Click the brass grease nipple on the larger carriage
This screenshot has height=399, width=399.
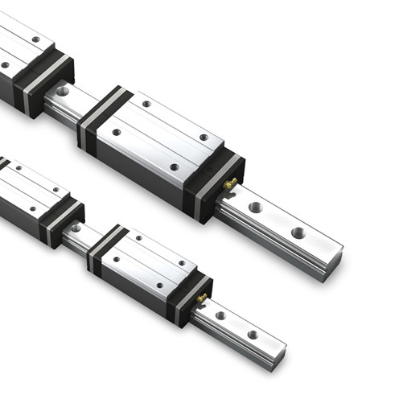230,184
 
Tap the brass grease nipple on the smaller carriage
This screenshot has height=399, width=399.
201,298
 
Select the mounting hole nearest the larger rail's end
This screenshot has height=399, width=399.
298,232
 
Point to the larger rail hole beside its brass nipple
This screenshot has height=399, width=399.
255,208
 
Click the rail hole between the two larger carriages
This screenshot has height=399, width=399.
63,92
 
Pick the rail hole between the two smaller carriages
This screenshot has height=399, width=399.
75,228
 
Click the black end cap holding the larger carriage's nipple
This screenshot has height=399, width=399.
216,183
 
